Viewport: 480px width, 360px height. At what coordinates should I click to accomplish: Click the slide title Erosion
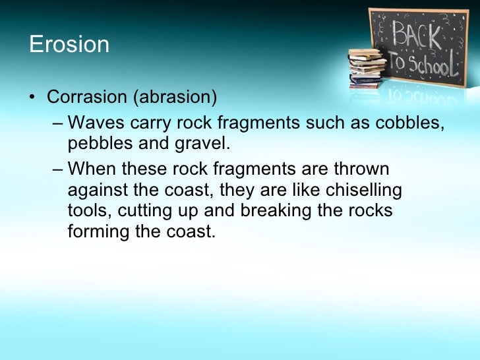(x=69, y=45)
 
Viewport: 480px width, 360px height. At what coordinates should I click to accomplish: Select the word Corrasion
(x=86, y=97)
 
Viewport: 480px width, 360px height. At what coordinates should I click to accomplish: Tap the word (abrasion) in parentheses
(x=174, y=97)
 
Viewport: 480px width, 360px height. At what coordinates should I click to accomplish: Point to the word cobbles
(x=407, y=123)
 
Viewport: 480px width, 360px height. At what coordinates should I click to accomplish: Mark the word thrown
(x=362, y=169)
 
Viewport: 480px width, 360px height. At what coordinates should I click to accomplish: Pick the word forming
(x=97, y=232)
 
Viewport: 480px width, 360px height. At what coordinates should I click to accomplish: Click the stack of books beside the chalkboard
(x=367, y=67)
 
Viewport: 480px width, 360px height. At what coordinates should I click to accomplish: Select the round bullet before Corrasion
(x=32, y=98)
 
